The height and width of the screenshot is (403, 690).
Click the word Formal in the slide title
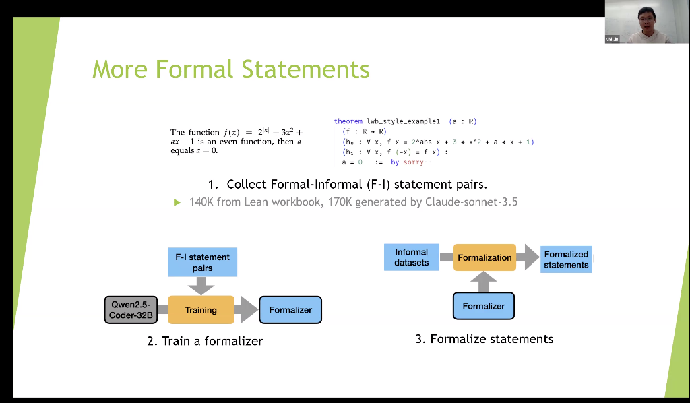[195, 69]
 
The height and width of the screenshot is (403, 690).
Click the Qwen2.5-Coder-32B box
[131, 310]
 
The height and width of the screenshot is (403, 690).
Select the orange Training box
[201, 310]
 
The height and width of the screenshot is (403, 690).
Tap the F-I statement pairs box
[202, 262]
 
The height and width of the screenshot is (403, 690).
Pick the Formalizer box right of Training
[290, 310]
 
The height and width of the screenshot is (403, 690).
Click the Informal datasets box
[411, 257]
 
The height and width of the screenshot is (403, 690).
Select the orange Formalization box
[484, 257]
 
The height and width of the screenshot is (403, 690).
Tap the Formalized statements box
[566, 259]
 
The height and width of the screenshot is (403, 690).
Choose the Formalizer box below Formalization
[484, 306]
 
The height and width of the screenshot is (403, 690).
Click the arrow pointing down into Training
[201, 286]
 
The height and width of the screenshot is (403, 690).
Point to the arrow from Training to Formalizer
[247, 310]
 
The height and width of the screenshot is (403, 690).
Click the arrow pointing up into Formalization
[484, 281]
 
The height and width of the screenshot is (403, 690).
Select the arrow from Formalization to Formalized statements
[528, 257]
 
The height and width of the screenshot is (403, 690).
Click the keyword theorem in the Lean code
[348, 121]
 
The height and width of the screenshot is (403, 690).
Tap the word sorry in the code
[414, 162]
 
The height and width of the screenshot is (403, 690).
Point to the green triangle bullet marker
[177, 201]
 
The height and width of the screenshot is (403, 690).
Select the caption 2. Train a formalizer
[205, 341]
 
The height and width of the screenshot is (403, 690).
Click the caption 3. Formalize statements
[484, 339]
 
